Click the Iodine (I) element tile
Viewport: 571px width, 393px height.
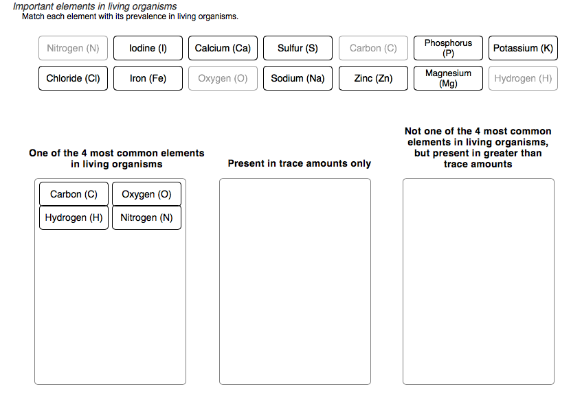click(148, 48)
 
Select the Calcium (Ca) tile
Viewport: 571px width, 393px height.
click(223, 48)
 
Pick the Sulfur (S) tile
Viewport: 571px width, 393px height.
click(298, 48)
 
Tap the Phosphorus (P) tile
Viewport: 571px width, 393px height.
click(448, 48)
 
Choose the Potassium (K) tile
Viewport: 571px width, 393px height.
click(523, 48)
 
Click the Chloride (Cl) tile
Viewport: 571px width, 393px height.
click(73, 78)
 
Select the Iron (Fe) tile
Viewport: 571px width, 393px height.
click(148, 78)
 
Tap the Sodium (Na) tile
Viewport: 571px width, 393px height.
click(298, 78)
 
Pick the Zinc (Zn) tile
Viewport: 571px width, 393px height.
click(373, 78)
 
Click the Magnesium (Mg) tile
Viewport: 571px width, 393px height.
click(448, 78)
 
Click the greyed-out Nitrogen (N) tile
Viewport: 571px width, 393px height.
click(73, 48)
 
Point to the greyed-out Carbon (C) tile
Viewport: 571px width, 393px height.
click(373, 48)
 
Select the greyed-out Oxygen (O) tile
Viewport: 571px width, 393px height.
click(223, 78)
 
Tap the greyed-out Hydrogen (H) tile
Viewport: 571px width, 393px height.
click(523, 78)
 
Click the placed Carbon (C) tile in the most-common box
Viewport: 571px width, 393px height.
click(74, 194)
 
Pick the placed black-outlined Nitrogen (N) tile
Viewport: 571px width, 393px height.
click(146, 217)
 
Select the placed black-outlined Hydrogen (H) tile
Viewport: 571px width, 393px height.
click(74, 217)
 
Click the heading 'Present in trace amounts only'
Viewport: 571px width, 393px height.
click(299, 163)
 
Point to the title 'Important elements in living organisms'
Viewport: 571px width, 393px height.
click(95, 6)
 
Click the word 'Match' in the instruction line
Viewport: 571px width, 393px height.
click(34, 16)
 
